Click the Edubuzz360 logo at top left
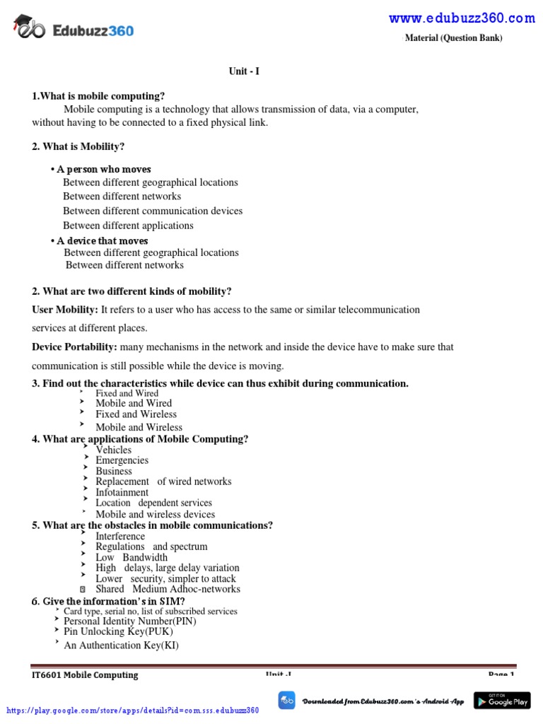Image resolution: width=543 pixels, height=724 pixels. [x=74, y=30]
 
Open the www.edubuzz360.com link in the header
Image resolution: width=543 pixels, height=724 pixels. [x=462, y=18]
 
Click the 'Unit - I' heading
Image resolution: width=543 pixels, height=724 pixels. [x=244, y=71]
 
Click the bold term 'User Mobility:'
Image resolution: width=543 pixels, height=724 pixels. [x=65, y=310]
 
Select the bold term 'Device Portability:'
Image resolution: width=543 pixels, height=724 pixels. [x=74, y=347]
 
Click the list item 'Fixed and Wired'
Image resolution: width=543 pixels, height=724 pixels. [x=127, y=393]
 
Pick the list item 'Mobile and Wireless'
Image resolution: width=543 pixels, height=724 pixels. [x=139, y=427]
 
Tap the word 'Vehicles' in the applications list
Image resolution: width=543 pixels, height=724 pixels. [x=113, y=450]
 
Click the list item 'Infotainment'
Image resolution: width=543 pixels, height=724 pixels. [x=122, y=492]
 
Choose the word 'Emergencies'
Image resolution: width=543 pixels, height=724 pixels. [x=122, y=460]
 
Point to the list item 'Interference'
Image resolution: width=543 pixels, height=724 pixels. [x=120, y=536]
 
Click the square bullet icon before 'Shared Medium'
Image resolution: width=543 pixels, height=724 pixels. [x=83, y=589]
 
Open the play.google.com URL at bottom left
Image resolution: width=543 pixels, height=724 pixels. [x=133, y=710]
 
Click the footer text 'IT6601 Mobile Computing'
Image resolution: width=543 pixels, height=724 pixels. [x=85, y=675]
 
